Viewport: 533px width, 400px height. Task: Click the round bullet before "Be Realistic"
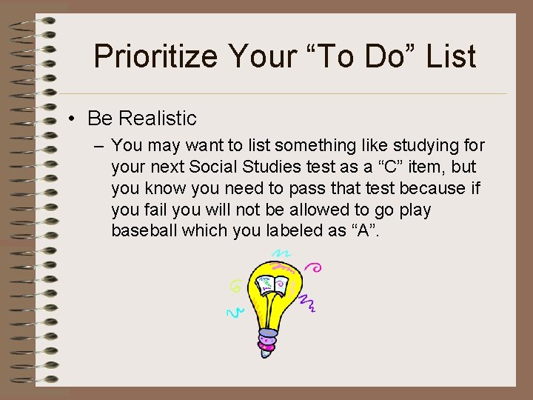click(x=76, y=119)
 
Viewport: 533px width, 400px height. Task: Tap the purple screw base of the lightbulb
click(x=266, y=342)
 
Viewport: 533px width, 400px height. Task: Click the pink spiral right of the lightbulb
click(x=316, y=269)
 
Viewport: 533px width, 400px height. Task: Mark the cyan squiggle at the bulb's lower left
click(x=235, y=312)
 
